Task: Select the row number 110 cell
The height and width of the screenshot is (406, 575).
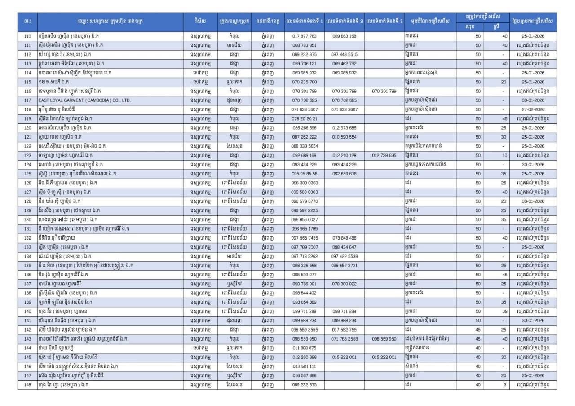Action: tap(27, 36)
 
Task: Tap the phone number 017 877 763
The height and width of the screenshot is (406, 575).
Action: tap(304, 36)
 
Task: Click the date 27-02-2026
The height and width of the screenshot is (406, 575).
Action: tap(533, 109)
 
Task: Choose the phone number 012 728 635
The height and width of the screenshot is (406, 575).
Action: tap(384, 155)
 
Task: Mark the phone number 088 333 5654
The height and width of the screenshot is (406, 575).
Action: tap(304, 146)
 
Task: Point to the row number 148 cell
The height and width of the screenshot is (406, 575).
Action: tap(27, 385)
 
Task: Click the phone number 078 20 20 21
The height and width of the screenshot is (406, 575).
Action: tap(304, 118)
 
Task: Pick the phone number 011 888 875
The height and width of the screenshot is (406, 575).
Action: tap(304, 348)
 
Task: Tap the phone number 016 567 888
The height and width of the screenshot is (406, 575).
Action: tap(304, 375)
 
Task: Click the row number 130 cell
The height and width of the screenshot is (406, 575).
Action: tap(27, 219)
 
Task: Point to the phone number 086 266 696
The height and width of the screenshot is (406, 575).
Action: tap(304, 128)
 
